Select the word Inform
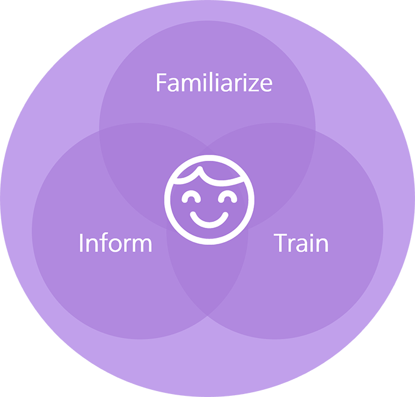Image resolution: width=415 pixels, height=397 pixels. pyautogui.click(x=115, y=243)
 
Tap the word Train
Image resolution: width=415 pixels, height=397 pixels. pyautogui.click(x=301, y=243)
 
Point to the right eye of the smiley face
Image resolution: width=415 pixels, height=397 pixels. pyautogui.click(x=226, y=196)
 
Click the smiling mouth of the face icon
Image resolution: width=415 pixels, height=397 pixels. pyautogui.click(x=209, y=220)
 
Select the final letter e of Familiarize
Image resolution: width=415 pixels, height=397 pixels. pyautogui.click(x=266, y=84)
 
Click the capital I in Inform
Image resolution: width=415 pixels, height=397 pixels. pyautogui.click(x=81, y=243)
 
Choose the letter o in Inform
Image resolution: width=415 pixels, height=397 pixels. pyautogui.click(x=115, y=244)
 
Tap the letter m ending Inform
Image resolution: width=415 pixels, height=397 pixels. pyautogui.click(x=141, y=244)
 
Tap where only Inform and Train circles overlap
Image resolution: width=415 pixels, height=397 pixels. pyautogui.click(x=207, y=285)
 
